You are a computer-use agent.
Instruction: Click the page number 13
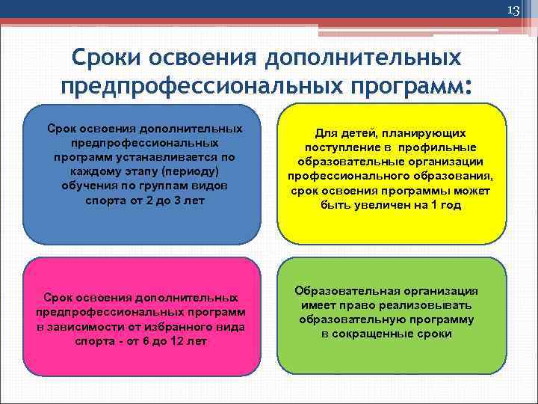pyautogui.click(x=513, y=10)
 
